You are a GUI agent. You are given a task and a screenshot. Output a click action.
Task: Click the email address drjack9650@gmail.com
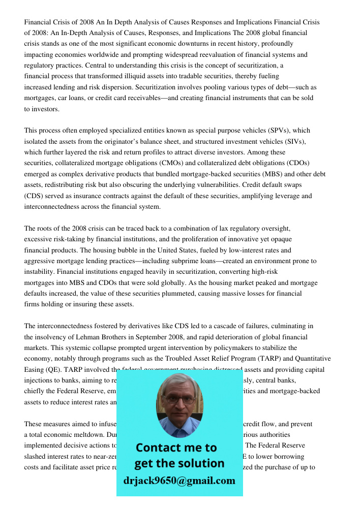(179, 481)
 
